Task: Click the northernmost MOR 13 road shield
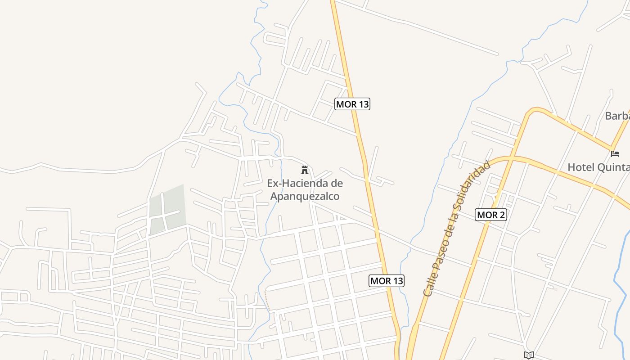352,104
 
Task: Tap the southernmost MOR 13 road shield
387,281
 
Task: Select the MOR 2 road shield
491,215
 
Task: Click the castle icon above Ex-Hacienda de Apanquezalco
305,170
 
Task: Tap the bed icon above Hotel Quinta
615,153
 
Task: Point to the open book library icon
529,355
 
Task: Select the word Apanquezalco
305,196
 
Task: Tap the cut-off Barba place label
617,116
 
